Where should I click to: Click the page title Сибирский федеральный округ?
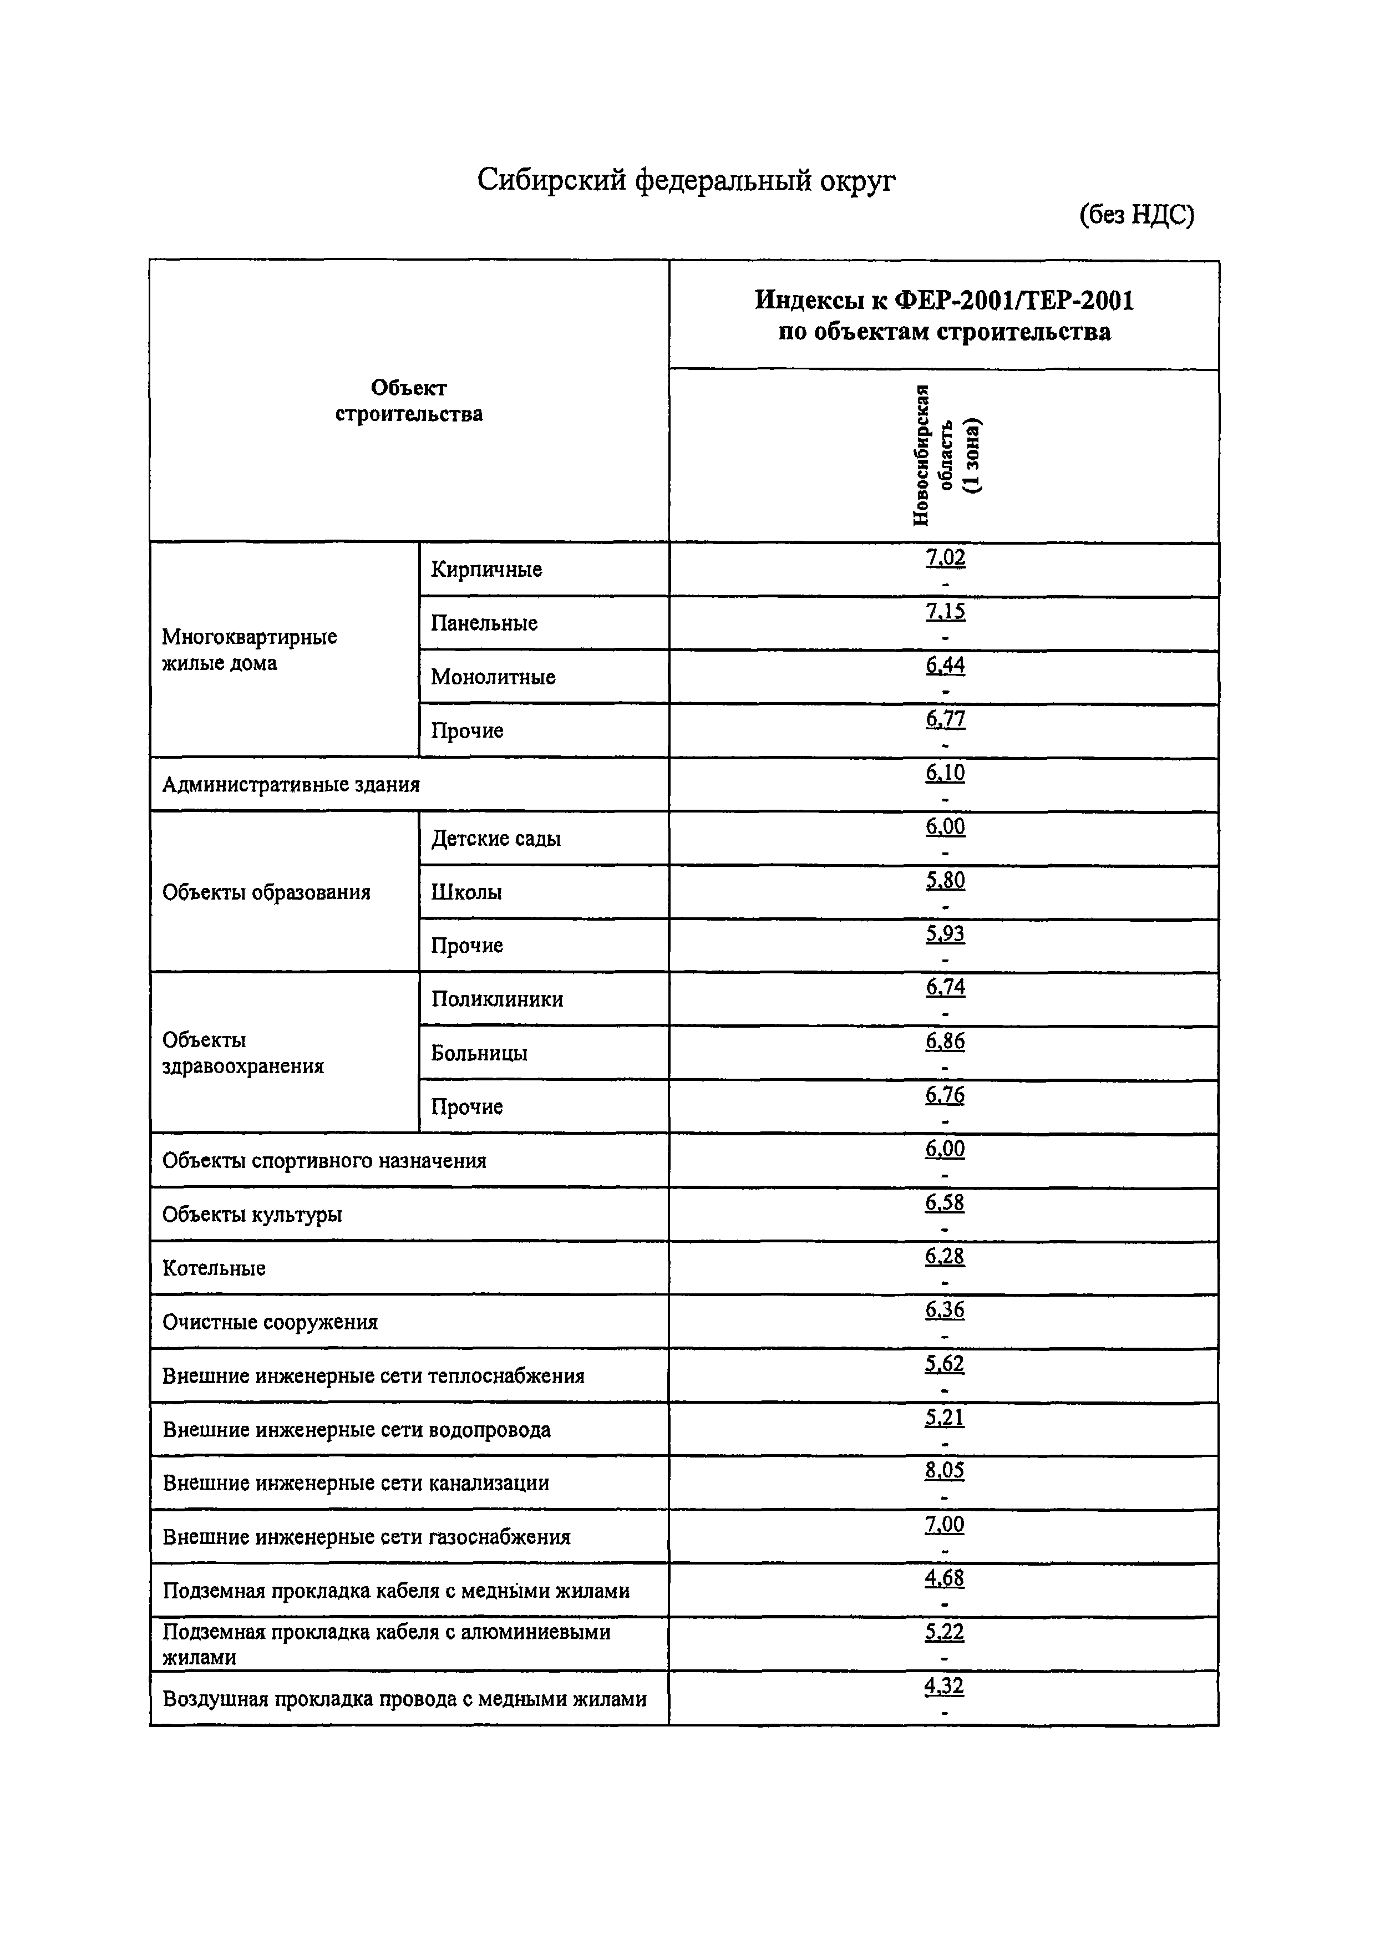click(686, 180)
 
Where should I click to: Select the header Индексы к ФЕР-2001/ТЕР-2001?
click(944, 301)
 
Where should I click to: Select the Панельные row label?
click(484, 623)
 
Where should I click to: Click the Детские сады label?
click(496, 839)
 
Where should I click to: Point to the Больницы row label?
click(479, 1053)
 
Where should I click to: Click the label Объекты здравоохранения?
click(243, 1053)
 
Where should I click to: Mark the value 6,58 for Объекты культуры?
click(945, 1203)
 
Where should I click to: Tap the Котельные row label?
click(214, 1268)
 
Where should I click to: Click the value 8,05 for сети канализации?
click(945, 1471)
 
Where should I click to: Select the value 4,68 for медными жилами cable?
click(945, 1578)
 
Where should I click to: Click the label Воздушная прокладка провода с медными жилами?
click(404, 1699)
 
